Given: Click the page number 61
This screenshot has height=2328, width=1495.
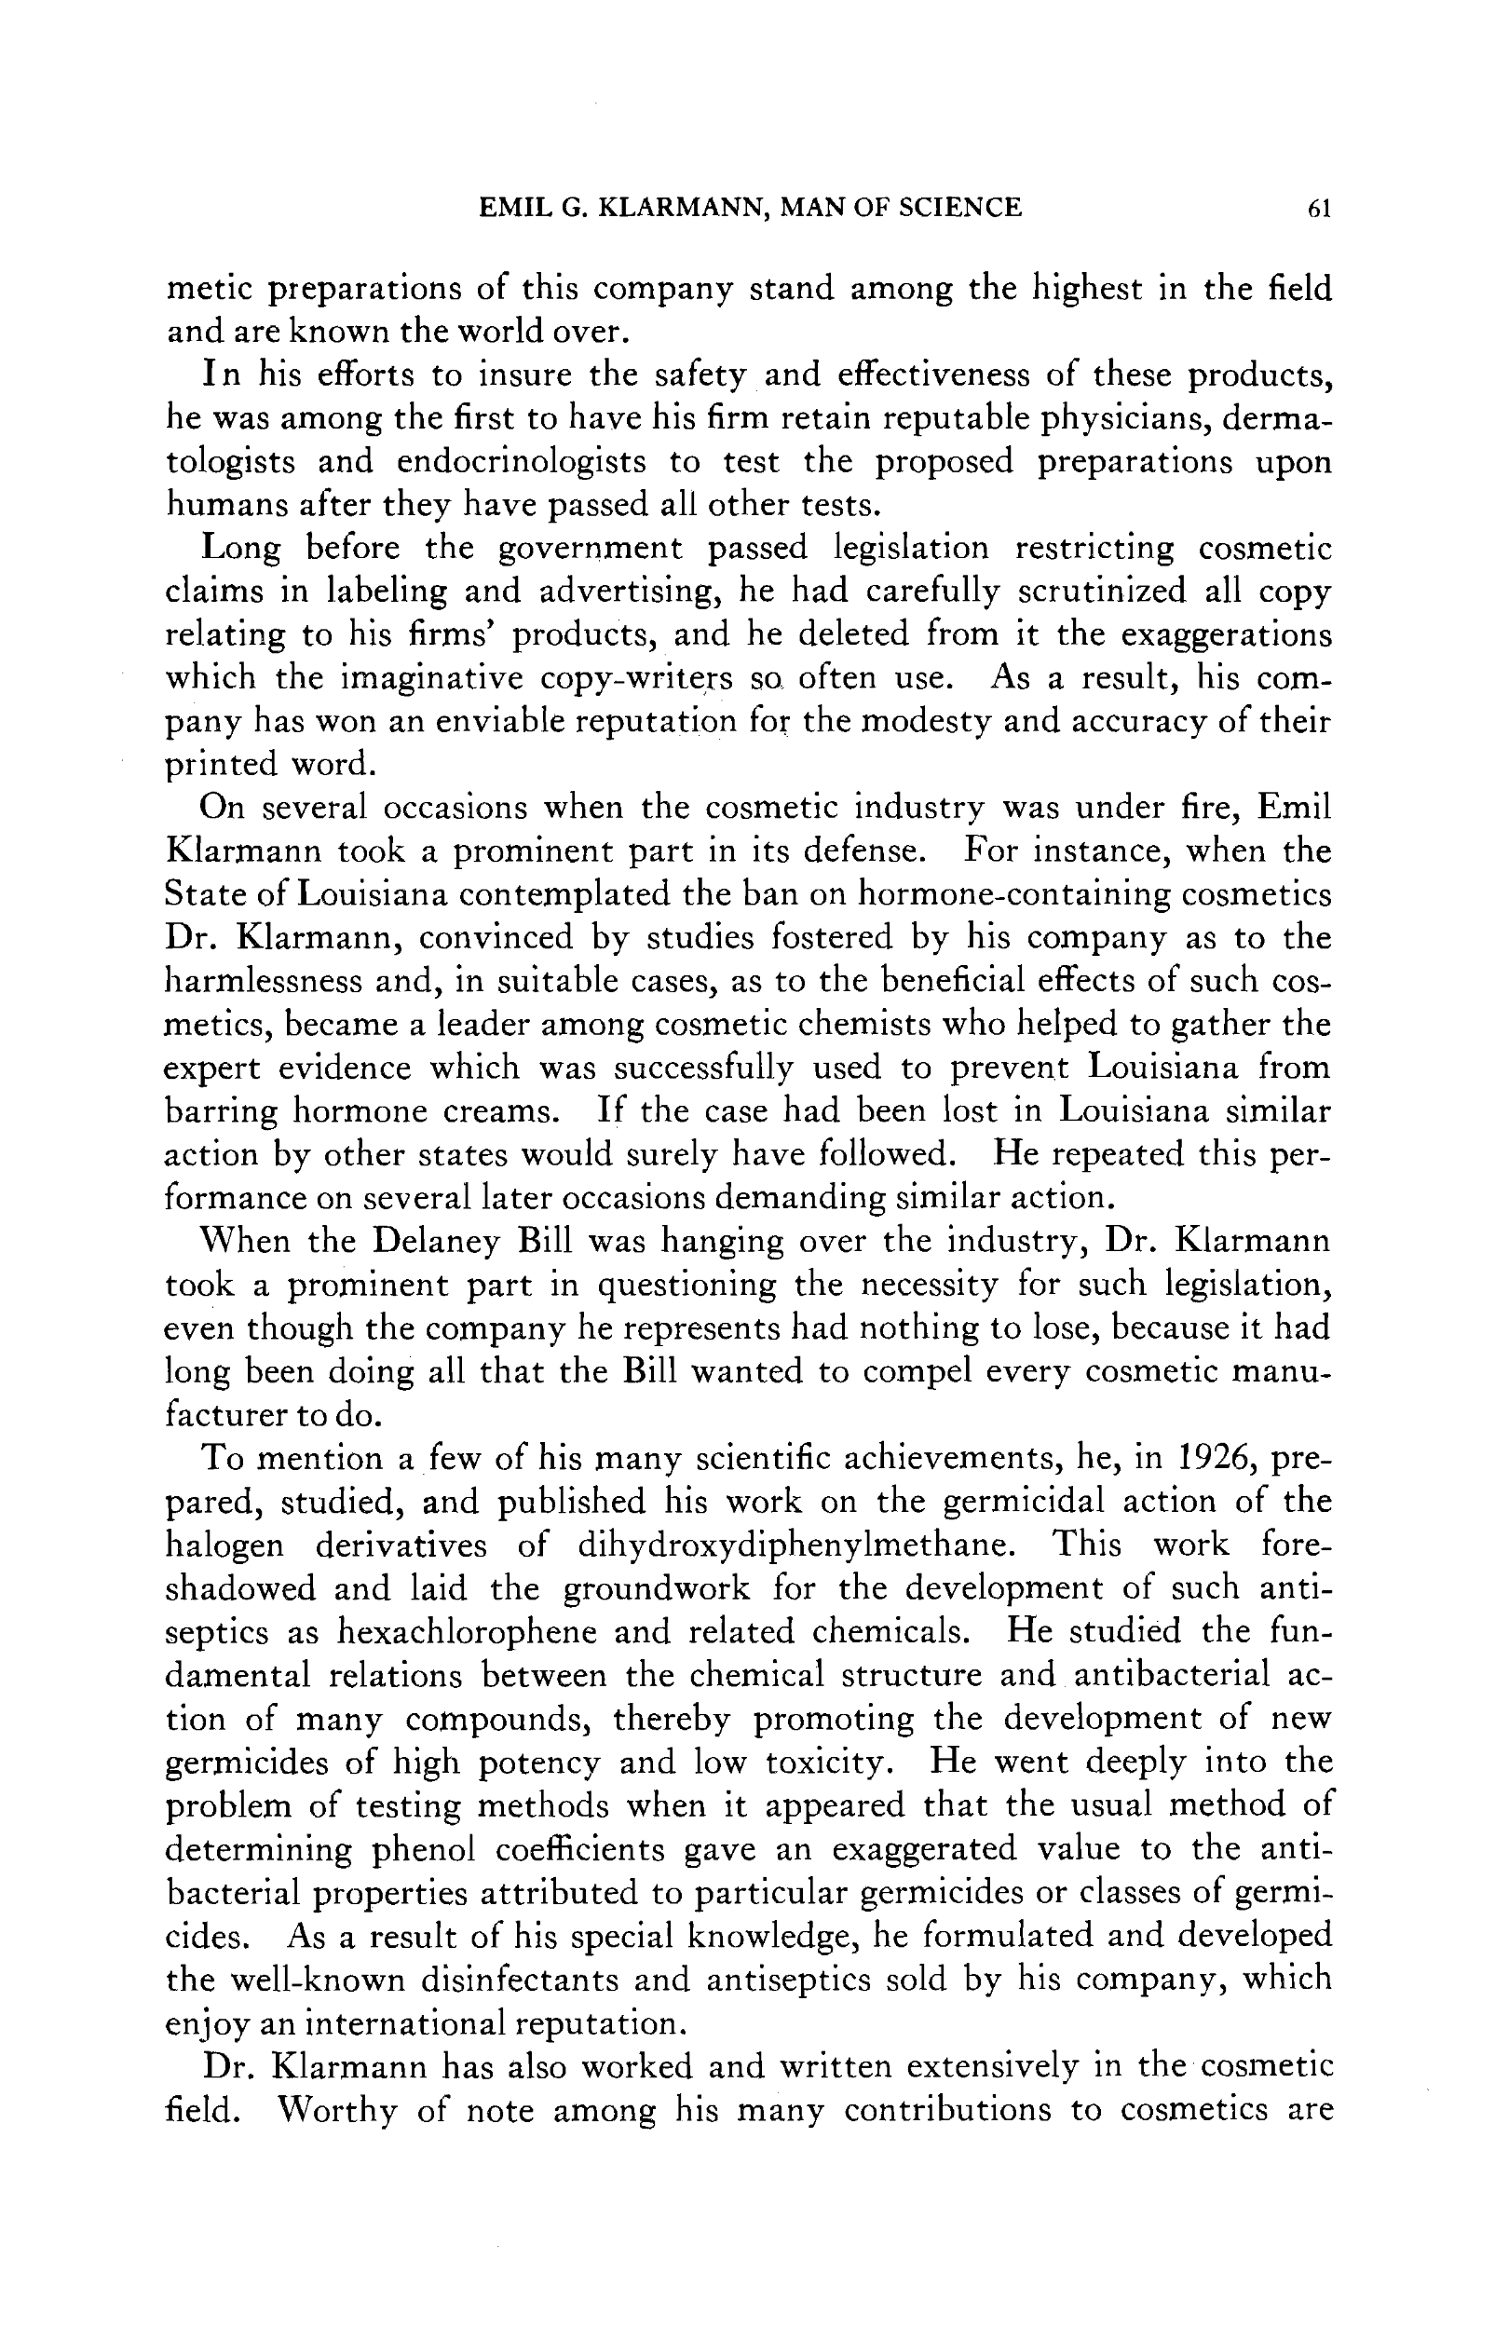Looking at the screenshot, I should tap(1318, 208).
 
